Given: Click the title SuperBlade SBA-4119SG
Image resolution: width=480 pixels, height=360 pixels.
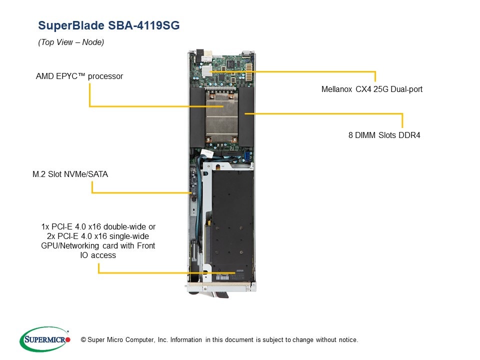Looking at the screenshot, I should click(x=108, y=25).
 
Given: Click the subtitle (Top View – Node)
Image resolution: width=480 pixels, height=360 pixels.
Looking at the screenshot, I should click(x=71, y=42).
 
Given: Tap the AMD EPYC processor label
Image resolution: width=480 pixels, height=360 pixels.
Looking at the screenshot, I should click(x=79, y=76).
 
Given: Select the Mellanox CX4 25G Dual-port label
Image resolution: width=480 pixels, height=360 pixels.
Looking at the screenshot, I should click(x=371, y=89).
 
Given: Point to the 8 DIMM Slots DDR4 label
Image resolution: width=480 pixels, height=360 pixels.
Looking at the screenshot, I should click(x=384, y=134).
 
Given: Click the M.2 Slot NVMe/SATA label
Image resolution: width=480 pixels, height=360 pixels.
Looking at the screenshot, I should click(x=70, y=174).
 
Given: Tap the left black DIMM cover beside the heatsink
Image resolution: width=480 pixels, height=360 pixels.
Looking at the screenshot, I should click(x=197, y=117).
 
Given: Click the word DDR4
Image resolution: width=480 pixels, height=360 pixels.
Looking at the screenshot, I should click(x=409, y=134).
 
